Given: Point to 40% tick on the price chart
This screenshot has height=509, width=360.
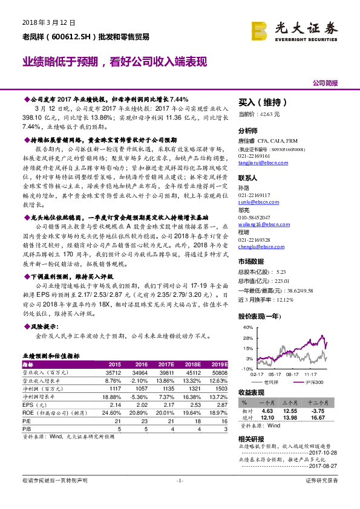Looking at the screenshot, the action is tap(247, 327).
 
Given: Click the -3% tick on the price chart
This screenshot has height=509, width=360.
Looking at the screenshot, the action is tap(249, 358).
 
